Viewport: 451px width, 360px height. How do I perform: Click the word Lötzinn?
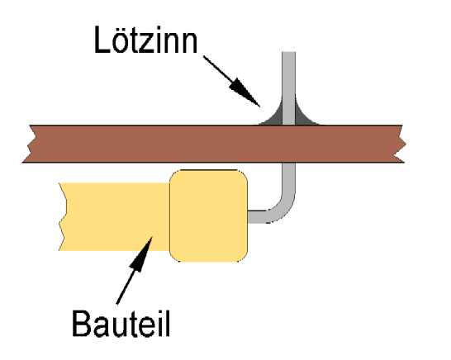(x=146, y=40)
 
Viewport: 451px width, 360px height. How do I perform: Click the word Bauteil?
(x=121, y=324)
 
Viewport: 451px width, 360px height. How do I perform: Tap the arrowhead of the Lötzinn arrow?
(x=245, y=92)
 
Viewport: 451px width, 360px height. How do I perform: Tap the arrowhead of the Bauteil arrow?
(x=142, y=253)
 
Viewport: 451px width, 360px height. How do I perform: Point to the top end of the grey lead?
(x=288, y=52)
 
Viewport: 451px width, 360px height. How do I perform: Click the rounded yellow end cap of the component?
(x=208, y=216)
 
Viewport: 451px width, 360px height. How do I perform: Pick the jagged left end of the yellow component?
(x=63, y=216)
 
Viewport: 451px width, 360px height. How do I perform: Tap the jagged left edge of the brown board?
(x=30, y=144)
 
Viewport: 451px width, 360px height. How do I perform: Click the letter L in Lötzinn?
(x=102, y=40)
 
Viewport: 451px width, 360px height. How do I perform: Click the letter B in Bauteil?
(x=82, y=324)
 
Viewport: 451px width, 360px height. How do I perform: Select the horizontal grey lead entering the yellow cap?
(x=258, y=217)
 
